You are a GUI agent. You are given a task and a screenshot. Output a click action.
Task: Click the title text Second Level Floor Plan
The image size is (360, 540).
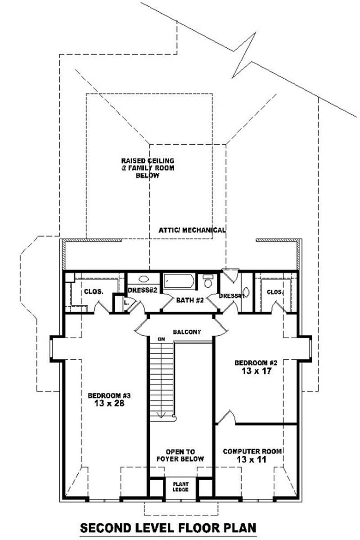168,527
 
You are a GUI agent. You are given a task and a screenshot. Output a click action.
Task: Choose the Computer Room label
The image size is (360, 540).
252,451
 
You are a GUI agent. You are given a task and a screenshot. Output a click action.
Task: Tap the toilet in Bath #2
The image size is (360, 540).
208,281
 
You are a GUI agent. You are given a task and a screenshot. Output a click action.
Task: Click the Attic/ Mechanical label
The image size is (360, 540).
192,230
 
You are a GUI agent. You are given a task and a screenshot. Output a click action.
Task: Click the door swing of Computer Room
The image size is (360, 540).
227,417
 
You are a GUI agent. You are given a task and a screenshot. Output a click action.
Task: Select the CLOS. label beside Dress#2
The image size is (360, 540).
94,291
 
